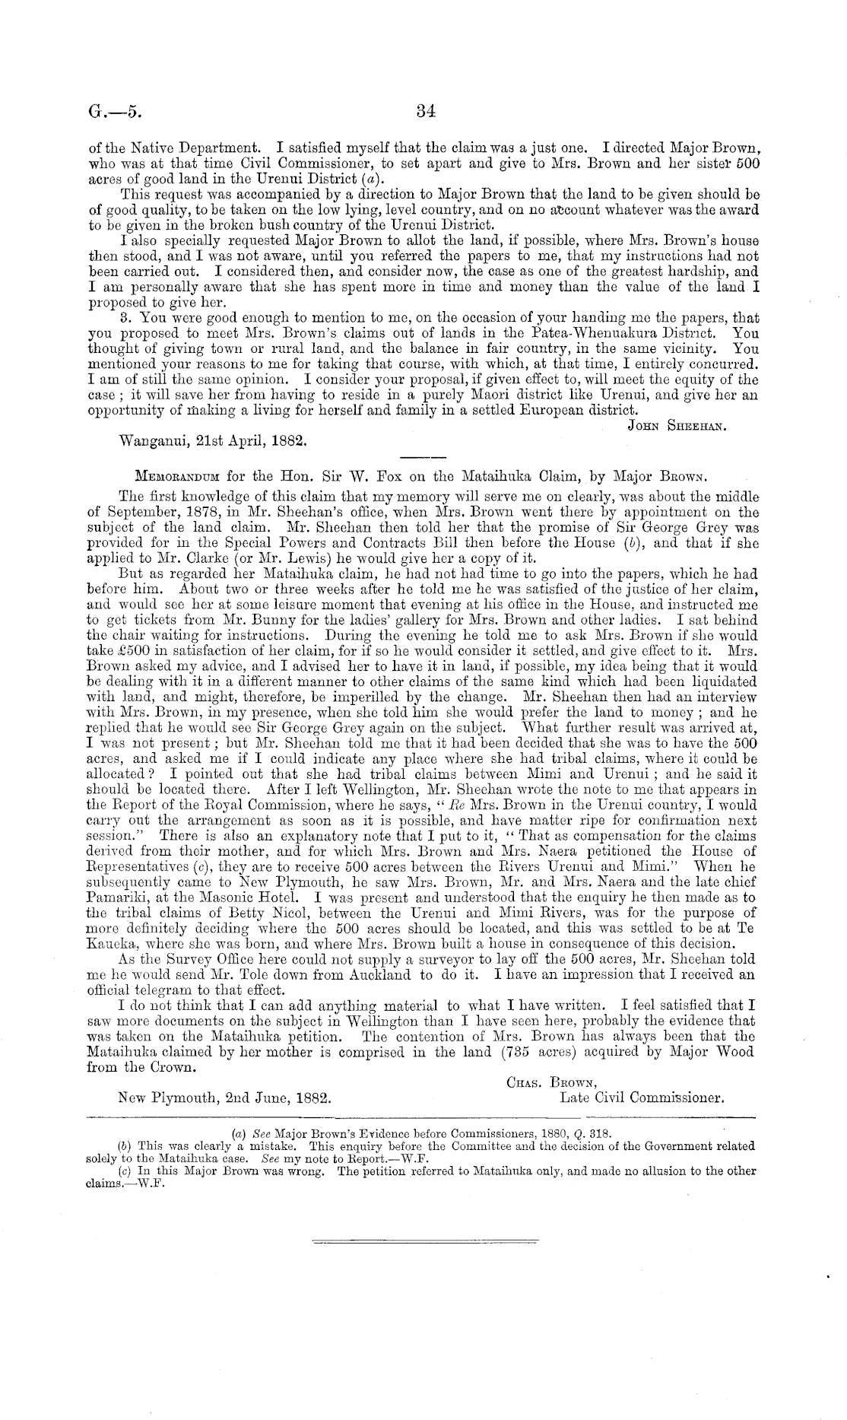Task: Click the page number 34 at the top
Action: tap(425, 111)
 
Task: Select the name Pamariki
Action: tap(120, 898)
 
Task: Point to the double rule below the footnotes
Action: tap(424, 1242)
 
